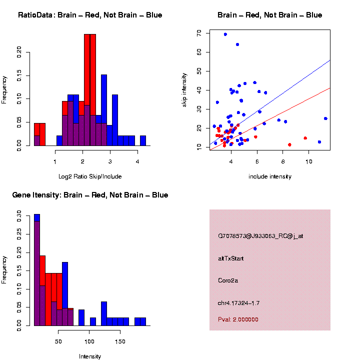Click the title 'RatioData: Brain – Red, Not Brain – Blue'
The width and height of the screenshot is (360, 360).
point(90,15)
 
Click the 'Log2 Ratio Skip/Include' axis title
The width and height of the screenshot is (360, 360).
point(90,176)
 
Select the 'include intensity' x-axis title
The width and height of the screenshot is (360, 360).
point(270,176)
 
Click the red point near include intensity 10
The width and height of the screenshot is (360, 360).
point(305,138)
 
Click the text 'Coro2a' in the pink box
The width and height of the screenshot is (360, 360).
point(228,280)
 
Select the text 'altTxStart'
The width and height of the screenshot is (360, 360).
point(231,258)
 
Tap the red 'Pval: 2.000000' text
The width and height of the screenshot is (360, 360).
point(238,319)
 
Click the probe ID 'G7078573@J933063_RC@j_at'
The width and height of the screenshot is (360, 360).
point(260,236)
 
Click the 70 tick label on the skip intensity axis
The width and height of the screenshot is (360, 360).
point(199,33)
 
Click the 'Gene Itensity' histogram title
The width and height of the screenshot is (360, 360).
point(90,195)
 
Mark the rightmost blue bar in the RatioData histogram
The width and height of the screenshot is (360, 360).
point(143,140)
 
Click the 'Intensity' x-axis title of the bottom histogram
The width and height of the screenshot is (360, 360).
point(90,356)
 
